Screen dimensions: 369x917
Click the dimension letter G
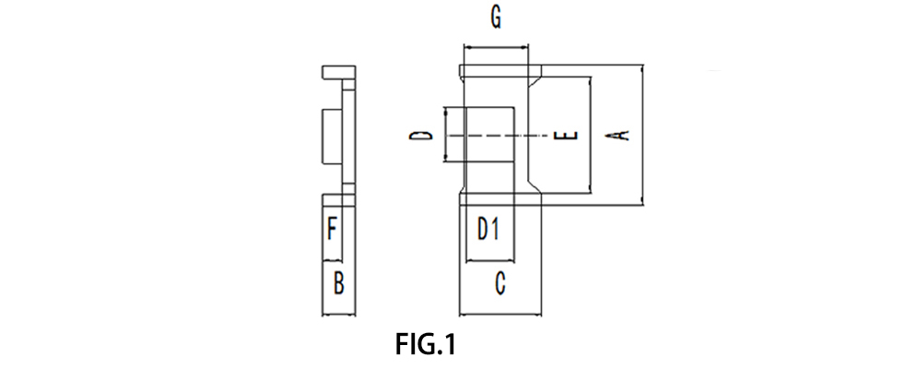point(496,18)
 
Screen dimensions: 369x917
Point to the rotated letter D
point(422,136)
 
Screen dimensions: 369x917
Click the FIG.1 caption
point(426,345)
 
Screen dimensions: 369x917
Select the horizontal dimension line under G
point(497,45)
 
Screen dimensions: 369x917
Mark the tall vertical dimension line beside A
point(641,135)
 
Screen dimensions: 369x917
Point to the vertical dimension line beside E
point(589,135)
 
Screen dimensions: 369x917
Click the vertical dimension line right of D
point(445,136)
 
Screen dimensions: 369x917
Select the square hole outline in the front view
point(488,135)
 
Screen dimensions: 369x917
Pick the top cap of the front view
point(499,71)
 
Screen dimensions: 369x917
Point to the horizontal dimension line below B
point(338,314)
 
